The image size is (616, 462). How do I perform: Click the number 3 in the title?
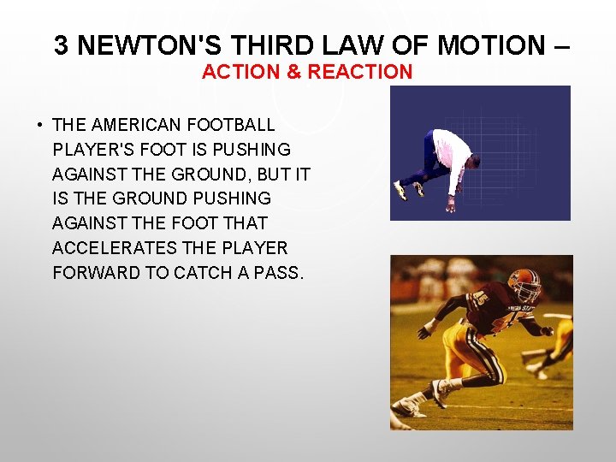tap(61, 45)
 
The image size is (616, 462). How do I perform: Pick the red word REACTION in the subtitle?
tap(359, 72)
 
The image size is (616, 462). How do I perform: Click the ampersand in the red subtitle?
tap(293, 72)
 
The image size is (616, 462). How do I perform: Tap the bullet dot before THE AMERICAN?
tap(39, 126)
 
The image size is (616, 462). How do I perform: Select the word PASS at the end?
tap(278, 273)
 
